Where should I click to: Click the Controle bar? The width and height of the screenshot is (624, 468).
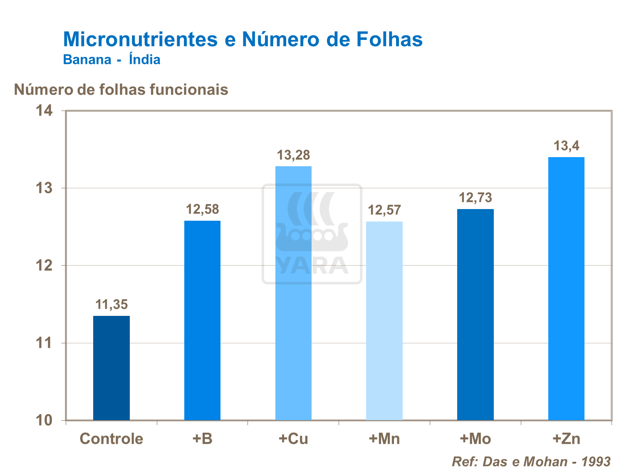(111, 368)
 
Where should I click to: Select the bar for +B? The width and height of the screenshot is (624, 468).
(202, 320)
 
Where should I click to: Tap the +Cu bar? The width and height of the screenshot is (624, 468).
(293, 293)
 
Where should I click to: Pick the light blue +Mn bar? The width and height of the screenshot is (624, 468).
(384, 320)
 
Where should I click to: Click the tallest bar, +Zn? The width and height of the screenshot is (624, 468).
(566, 288)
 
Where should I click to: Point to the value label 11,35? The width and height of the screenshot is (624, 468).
(111, 305)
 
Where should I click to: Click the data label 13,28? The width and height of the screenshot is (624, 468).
(293, 155)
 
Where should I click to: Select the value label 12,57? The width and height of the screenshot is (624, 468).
(384, 210)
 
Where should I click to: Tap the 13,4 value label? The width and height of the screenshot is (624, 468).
(566, 146)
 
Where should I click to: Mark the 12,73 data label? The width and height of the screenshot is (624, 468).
(475, 198)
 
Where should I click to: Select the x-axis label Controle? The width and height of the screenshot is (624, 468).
(111, 439)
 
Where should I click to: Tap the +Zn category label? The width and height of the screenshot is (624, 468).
(566, 439)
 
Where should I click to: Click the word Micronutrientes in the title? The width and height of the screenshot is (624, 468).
(140, 39)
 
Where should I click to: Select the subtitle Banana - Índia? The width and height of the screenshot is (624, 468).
(111, 59)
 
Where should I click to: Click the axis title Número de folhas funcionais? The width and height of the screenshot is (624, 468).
(121, 89)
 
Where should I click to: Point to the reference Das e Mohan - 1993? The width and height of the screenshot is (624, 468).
(531, 461)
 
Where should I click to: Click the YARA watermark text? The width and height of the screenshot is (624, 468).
(312, 266)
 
